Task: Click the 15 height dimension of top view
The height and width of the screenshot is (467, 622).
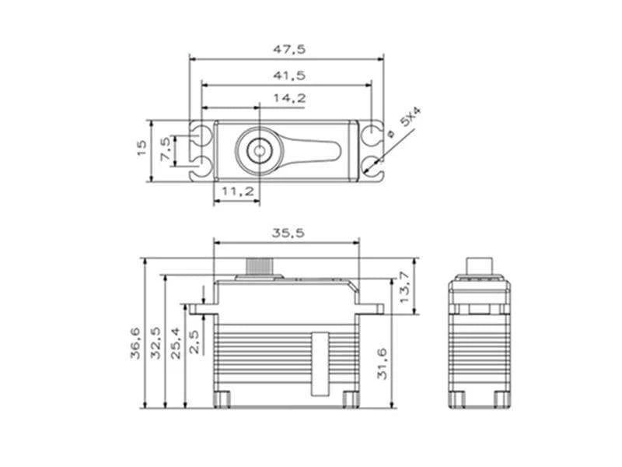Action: point(141,149)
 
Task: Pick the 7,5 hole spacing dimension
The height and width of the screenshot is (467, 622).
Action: point(165,149)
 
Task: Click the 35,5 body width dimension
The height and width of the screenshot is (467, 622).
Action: point(287,232)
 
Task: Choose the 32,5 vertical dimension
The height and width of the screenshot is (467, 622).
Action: point(156,342)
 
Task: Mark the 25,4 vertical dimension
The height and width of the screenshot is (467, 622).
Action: point(175,342)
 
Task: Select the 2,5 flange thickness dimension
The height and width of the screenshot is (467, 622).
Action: point(194,341)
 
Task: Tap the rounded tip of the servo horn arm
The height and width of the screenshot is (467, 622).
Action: point(333,149)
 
